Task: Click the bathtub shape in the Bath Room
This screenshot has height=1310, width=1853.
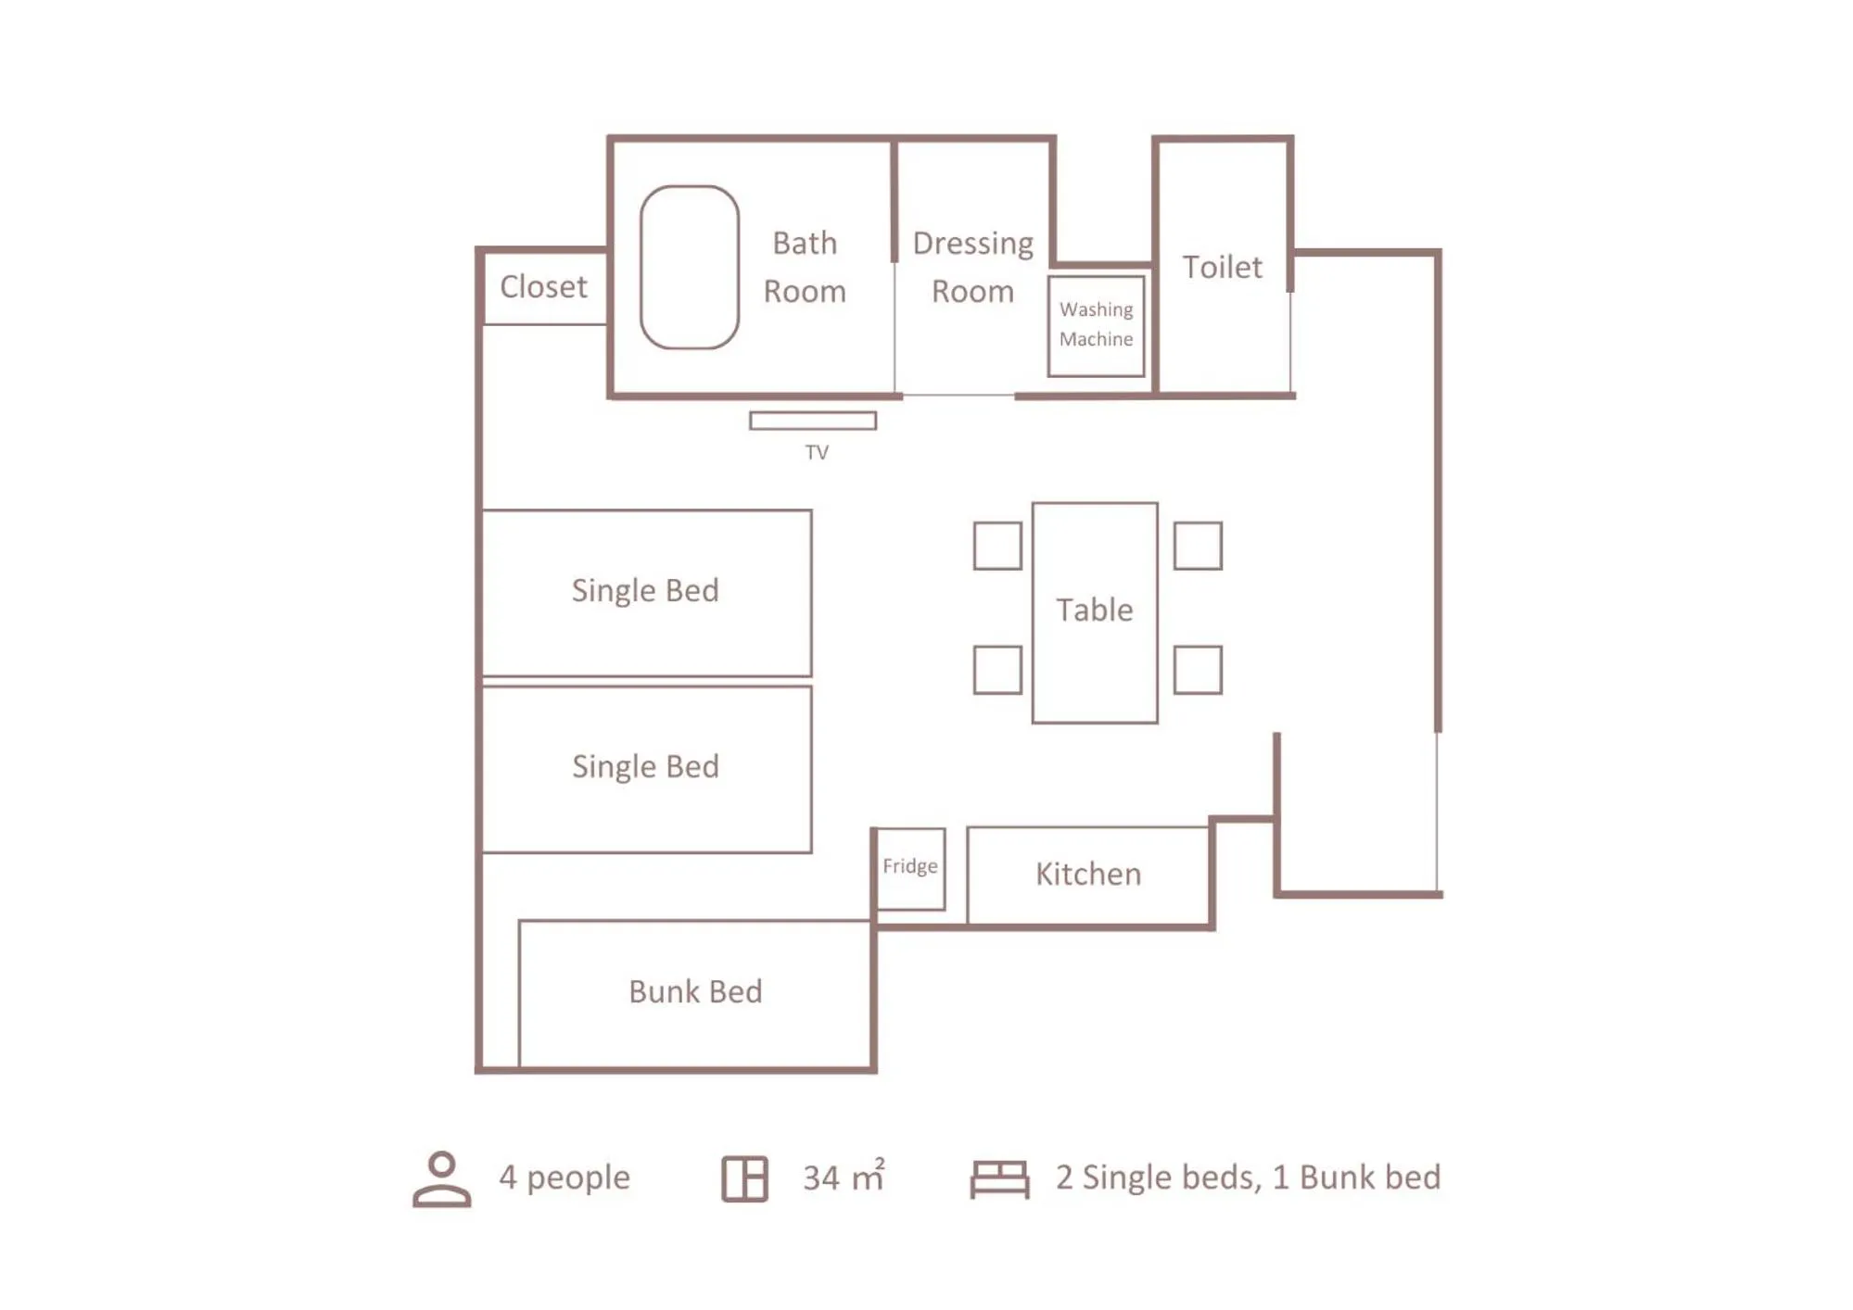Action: tap(689, 268)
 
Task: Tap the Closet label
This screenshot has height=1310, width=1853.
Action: tap(543, 287)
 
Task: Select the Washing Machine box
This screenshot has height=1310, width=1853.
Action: tap(1096, 325)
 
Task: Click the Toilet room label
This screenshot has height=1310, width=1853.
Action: tap(1222, 268)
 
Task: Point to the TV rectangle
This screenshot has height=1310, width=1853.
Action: tap(812, 421)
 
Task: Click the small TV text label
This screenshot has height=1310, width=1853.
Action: tap(816, 452)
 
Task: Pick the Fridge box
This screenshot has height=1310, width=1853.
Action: tap(910, 867)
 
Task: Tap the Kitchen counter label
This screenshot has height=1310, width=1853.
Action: tap(1088, 874)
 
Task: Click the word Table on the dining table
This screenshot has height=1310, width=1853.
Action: tap(1094, 610)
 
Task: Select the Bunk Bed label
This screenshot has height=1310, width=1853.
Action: tap(695, 991)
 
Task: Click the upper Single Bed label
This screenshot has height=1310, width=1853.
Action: tap(645, 590)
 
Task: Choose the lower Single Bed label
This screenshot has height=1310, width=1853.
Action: tap(645, 766)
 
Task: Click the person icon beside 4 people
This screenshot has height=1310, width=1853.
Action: tap(441, 1178)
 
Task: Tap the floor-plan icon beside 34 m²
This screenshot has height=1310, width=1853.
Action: tap(744, 1178)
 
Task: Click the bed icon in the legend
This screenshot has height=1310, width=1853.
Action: tap(999, 1178)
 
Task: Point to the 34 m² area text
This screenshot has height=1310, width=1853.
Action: tap(844, 1177)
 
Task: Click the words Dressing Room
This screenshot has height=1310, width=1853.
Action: tap(972, 267)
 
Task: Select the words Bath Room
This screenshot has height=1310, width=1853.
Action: tap(805, 267)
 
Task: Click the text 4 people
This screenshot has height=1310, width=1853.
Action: tap(565, 1177)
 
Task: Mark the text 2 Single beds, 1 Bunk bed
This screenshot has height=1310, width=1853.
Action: tap(1248, 1177)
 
